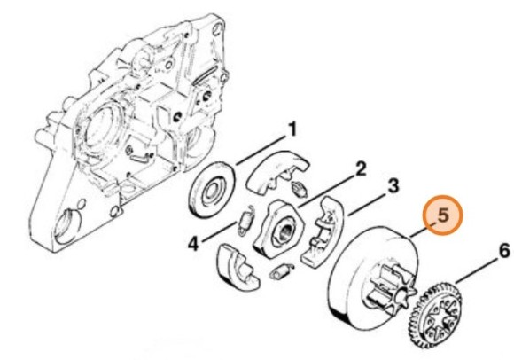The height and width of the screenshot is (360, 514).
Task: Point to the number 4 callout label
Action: point(192,240)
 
